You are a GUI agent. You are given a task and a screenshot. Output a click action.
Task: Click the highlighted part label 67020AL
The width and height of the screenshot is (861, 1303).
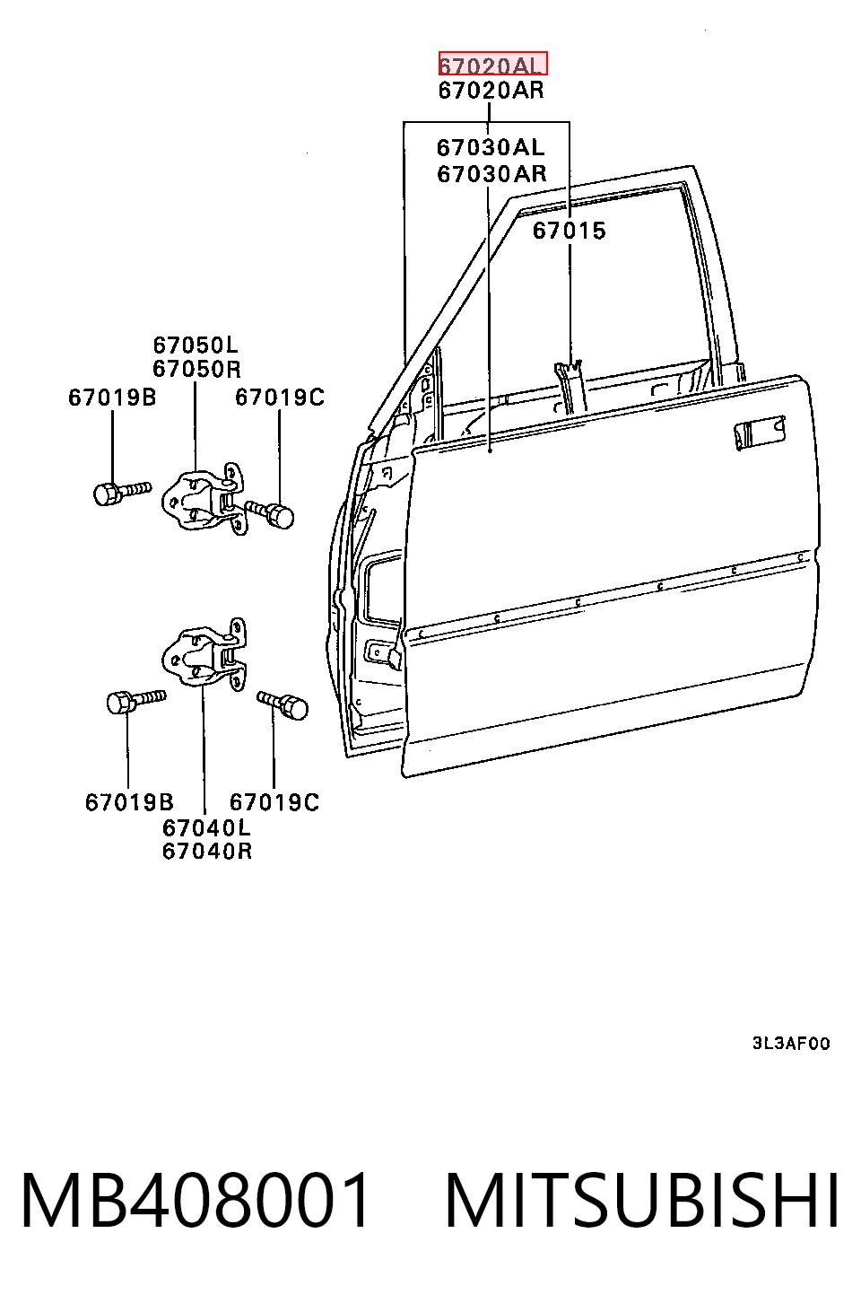(492, 64)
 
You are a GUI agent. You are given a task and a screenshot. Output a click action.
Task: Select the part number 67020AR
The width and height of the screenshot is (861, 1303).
(491, 90)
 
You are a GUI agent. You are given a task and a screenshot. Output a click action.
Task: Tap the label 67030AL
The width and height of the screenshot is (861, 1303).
(491, 148)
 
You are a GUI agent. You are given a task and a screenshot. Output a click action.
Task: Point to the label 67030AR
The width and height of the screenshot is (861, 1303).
(491, 173)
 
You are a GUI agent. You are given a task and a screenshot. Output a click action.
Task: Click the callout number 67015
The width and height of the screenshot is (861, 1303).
(570, 231)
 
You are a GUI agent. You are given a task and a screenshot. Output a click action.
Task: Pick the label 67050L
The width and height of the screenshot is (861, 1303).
(196, 345)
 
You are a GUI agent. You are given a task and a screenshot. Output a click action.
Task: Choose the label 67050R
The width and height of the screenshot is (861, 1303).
(196, 369)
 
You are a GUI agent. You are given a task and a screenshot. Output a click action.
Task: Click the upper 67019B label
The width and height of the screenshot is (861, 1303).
(112, 398)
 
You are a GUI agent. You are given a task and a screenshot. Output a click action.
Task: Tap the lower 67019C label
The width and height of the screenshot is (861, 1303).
(274, 802)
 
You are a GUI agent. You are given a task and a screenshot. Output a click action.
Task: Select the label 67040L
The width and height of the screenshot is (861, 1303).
(206, 826)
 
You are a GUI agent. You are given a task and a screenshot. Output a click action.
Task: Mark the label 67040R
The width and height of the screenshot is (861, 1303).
(207, 851)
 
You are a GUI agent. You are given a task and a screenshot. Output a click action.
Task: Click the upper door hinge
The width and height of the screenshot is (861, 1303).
(204, 499)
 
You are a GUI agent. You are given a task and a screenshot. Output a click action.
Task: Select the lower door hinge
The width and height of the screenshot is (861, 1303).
(204, 654)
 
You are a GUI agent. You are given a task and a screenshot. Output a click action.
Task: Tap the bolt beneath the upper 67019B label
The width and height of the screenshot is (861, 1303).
(122, 493)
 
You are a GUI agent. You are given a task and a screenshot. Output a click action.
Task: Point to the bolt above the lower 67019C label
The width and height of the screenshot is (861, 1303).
(283, 704)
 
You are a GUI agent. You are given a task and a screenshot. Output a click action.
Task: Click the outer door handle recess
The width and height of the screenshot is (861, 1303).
(760, 431)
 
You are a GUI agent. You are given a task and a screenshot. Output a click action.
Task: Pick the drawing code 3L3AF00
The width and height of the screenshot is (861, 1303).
(791, 1043)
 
